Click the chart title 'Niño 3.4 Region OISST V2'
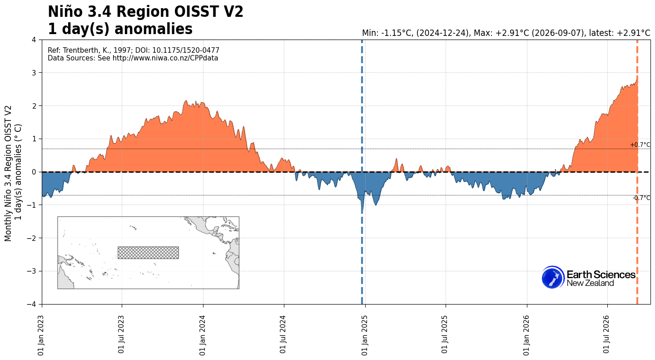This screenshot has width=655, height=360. (x=146, y=12)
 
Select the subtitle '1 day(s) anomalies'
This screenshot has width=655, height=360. (x=120, y=29)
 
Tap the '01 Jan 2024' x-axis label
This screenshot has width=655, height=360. (x=203, y=335)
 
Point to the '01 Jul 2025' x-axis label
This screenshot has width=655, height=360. (x=445, y=335)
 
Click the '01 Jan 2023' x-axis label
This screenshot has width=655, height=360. (x=41, y=335)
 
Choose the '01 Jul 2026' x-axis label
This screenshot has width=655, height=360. (x=607, y=335)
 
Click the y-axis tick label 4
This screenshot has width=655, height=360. (x=34, y=40)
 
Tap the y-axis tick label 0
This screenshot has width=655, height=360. (x=34, y=172)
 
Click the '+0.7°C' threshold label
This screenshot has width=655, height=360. (x=640, y=145)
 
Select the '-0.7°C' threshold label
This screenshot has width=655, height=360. (x=641, y=198)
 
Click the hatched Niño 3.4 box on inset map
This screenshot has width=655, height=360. (x=148, y=253)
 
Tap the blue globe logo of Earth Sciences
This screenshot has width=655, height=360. (x=553, y=277)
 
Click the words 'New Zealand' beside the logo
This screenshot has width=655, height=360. (x=590, y=283)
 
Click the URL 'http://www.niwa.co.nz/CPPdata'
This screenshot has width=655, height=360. (x=165, y=58)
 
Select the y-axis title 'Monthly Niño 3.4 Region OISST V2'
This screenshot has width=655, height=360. (x=8, y=174)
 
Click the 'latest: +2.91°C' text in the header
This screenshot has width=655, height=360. (x=620, y=33)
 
